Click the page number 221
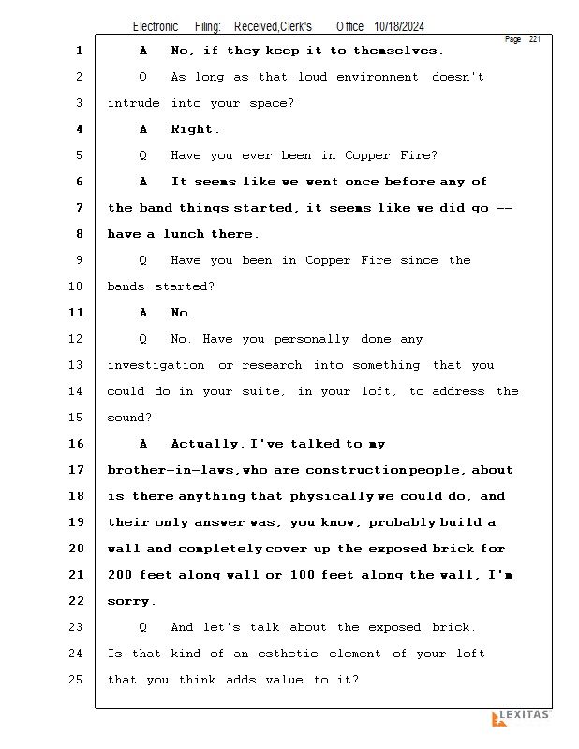[535, 39]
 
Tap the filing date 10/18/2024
[399, 26]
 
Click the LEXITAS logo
[521, 717]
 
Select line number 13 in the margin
[76, 365]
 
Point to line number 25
[76, 680]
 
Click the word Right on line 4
[191, 129]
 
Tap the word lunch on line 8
[184, 234]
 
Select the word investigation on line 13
[156, 365]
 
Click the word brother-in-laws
[171, 470]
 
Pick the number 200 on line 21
[120, 575]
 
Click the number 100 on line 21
[303, 575]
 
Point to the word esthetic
[288, 654]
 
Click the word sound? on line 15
[129, 418]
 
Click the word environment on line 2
[378, 77]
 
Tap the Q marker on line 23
[142, 627]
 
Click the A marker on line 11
[143, 313]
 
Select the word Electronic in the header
[156, 26]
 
